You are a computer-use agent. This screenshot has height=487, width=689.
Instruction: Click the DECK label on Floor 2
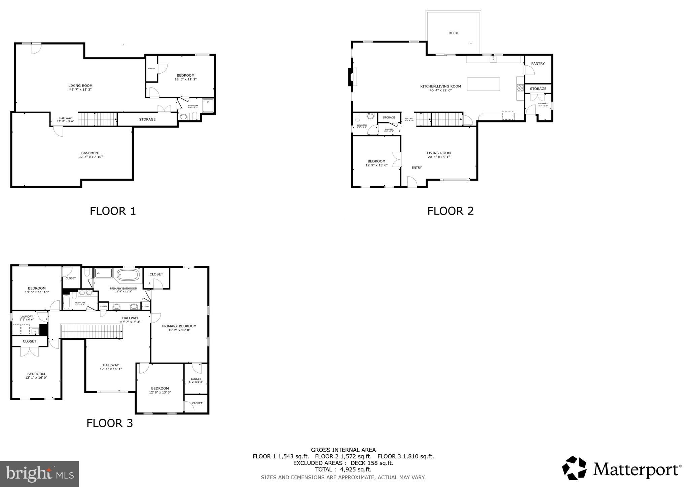coord(453,33)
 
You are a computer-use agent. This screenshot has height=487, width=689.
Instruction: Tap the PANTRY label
coord(538,64)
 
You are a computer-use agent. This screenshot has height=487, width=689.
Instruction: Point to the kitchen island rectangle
coord(483,84)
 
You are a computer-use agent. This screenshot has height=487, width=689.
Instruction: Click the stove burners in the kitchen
coord(520,88)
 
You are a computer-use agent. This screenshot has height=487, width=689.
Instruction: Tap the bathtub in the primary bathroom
coord(128,275)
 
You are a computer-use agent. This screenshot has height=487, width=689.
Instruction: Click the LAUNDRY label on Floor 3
coord(27,316)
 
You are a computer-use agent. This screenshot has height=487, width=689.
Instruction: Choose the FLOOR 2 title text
coord(450,211)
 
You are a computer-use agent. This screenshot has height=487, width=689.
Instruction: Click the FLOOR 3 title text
coord(110,423)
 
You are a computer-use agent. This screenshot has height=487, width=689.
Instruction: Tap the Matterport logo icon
coord(574,468)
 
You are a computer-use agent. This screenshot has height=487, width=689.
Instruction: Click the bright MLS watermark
coord(40,474)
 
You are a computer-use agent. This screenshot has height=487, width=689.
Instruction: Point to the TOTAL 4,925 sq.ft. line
coord(343,470)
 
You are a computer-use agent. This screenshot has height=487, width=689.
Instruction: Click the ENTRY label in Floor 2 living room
coord(416,167)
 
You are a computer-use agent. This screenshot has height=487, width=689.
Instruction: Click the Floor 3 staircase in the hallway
coord(91,331)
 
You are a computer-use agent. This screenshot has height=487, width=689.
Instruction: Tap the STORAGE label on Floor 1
coord(147,119)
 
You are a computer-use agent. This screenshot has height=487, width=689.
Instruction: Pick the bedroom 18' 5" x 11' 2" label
coord(185,77)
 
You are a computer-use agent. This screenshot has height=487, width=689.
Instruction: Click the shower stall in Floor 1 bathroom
coord(208,105)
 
